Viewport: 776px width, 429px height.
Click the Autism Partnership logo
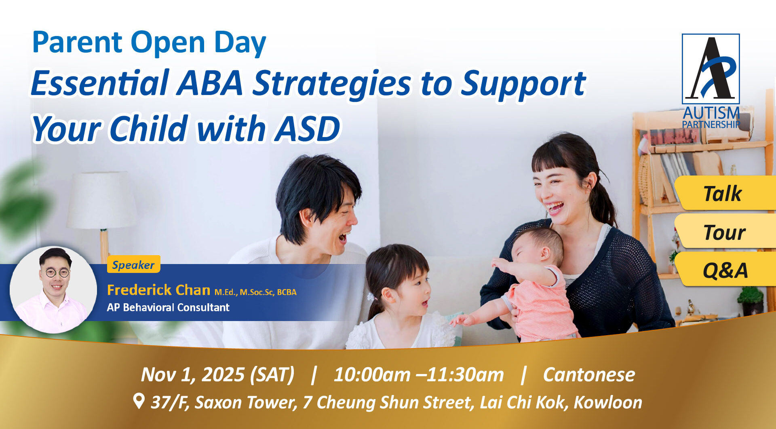711,81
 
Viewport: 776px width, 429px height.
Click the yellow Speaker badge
133,264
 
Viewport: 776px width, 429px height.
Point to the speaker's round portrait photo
53,290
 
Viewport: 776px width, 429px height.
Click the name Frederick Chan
158,290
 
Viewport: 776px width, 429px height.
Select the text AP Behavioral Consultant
168,307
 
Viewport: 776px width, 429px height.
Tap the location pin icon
139,401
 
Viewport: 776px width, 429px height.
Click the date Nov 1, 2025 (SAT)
217,374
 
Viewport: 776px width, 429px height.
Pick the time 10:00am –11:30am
419,374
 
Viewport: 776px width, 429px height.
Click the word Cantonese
589,374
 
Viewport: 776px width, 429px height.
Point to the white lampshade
102,200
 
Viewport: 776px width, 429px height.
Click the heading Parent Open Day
149,42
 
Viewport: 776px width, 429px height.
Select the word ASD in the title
307,128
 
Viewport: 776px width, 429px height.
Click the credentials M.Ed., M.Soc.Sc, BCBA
255,292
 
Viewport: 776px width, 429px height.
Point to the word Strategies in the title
331,83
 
